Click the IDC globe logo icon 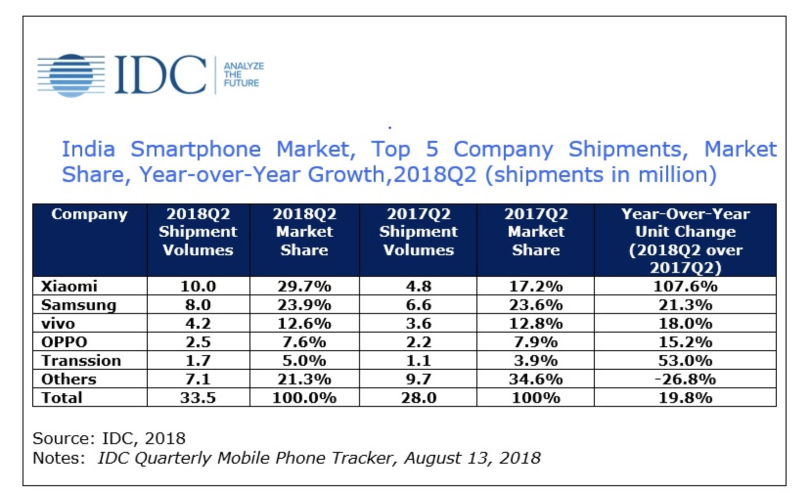[71, 75]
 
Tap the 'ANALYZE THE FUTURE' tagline [243, 74]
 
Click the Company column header [89, 214]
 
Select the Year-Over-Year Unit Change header [685, 240]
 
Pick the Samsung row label [78, 305]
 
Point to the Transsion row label [81, 361]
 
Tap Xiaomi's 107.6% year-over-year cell [685, 286]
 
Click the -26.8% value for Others [685, 379]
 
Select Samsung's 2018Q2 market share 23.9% [304, 305]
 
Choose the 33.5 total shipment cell [198, 398]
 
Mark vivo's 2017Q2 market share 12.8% [536, 324]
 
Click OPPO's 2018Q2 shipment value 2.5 [198, 342]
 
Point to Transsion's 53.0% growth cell [685, 361]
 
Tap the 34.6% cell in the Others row [536, 379]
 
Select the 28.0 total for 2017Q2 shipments [418, 398]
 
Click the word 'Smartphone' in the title [196, 149]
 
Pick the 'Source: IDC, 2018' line [109, 438]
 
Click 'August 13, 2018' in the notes [472, 458]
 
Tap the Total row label [62, 398]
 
